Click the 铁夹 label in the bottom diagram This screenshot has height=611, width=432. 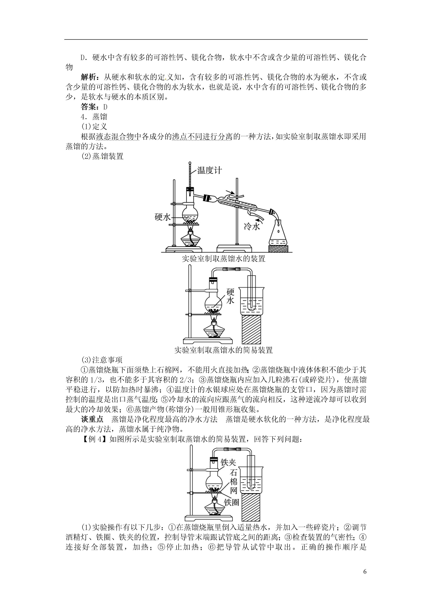pos(228,462)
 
